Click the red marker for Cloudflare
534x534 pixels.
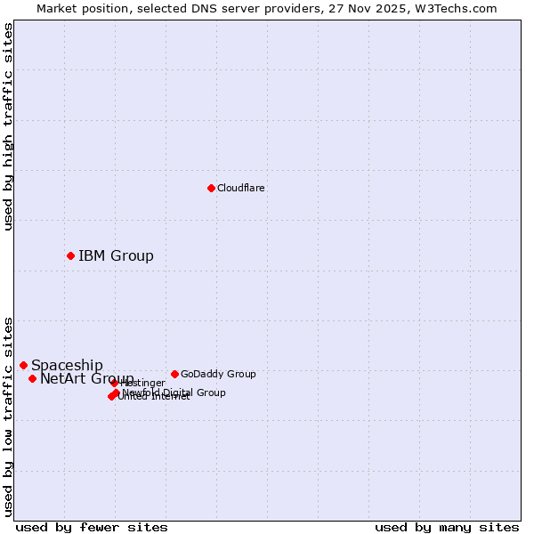pos(211,188)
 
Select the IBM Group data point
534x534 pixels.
pos(70,255)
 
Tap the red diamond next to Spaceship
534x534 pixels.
pos(24,365)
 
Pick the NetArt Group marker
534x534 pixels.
pos(33,378)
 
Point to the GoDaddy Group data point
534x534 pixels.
pos(174,374)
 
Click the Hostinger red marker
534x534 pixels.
pos(115,384)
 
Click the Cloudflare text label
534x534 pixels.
pos(240,188)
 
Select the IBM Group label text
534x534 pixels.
pos(116,256)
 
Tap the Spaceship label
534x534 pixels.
pos(67,365)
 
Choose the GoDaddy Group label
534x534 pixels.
pos(218,374)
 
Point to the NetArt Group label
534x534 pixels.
pos(86,379)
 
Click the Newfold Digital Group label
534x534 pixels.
pos(174,392)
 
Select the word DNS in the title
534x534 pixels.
pos(213,8)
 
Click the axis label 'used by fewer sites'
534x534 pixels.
pos(92,527)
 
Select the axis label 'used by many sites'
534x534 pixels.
pos(447,527)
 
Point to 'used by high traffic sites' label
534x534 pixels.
pos(9,126)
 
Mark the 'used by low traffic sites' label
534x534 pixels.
pos(9,417)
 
